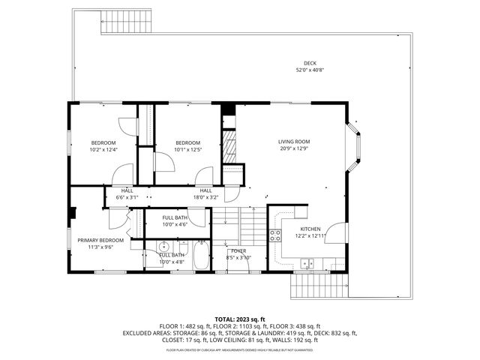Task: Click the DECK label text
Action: [x=310, y=63]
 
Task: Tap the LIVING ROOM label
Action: [x=294, y=141]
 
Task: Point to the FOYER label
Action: [x=238, y=250]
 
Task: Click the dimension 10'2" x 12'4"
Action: [x=103, y=150]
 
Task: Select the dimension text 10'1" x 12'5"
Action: [x=187, y=150]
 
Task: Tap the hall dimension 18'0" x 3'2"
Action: [x=205, y=198]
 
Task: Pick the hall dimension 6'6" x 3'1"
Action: [x=127, y=198]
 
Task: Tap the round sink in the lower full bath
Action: [x=163, y=247]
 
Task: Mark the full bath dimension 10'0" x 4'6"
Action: [x=174, y=223]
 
